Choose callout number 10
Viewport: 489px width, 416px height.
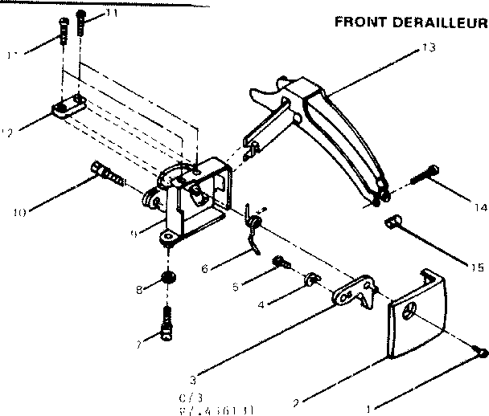[x=19, y=212]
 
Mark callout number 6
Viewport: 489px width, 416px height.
[x=205, y=268]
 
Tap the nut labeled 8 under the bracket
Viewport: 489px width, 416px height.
[x=168, y=278]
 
